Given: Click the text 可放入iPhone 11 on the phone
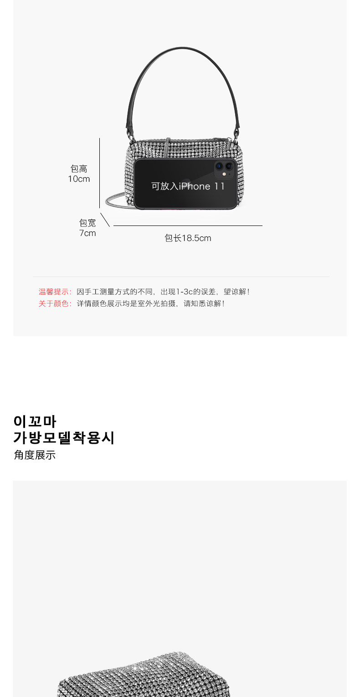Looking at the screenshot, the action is [x=188, y=186].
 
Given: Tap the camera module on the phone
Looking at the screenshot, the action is [x=224, y=169].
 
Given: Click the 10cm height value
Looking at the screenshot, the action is [x=79, y=179].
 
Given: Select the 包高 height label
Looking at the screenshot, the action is [x=79, y=169].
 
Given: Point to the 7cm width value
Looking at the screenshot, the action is [x=87, y=233].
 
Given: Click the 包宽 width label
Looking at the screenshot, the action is [x=87, y=223].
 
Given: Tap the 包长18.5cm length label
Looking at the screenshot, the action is [x=188, y=238].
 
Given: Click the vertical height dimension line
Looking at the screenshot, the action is [x=99, y=173].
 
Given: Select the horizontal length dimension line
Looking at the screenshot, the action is [x=188, y=225].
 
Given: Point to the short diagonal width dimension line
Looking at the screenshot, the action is [x=105, y=220].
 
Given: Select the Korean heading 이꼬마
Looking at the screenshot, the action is [x=35, y=421].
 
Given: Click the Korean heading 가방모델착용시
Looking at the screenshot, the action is [x=64, y=438].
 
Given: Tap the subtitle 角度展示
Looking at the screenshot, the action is [x=35, y=455].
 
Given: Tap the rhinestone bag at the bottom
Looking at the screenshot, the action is [x=144, y=674].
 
